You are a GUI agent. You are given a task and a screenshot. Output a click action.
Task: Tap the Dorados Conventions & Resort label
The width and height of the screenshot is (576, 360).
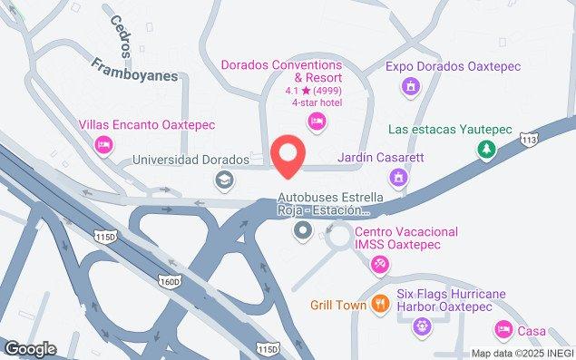281,72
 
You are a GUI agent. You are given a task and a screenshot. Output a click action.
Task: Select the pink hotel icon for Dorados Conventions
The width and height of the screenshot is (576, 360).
317,122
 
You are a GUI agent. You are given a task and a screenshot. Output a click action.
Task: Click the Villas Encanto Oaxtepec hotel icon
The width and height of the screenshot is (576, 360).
104,144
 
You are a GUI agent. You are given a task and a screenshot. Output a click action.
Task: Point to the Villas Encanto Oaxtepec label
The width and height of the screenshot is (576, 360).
146,125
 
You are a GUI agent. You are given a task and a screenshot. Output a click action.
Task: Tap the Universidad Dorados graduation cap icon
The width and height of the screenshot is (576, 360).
222,180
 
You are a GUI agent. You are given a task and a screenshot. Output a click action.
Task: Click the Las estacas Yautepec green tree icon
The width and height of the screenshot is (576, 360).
487,148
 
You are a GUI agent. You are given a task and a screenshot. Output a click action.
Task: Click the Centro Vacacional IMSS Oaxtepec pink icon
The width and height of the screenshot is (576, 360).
379,263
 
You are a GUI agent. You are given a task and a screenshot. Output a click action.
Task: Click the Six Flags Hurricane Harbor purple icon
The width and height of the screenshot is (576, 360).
419,326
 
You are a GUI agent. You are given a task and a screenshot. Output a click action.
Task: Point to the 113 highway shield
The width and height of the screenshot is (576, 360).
530,140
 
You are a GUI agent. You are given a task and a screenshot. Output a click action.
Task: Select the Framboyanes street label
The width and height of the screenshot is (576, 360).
134,71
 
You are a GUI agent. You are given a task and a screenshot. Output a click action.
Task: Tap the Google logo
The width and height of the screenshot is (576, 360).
30,348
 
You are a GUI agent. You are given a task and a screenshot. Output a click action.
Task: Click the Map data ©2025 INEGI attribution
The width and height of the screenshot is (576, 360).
521,353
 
